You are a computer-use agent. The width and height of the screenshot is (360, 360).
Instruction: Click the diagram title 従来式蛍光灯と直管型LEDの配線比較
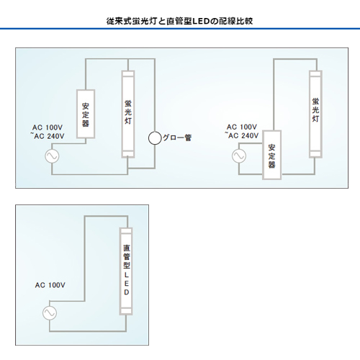(x=179, y=21)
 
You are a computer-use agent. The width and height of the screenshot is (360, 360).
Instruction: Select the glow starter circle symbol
(x=155, y=138)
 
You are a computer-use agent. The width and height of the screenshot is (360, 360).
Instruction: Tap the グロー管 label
(x=177, y=138)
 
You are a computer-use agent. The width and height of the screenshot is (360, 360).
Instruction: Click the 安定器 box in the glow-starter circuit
(x=86, y=114)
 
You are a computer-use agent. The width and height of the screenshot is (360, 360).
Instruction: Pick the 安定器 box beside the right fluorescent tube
(x=271, y=155)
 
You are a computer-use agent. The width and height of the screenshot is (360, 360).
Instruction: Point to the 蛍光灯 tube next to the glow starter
(x=128, y=114)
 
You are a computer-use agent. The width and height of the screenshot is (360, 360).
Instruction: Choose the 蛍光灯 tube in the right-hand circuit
(x=315, y=114)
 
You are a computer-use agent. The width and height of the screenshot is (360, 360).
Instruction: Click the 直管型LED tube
(x=126, y=271)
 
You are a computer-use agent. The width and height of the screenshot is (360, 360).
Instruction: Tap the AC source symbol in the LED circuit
(x=50, y=313)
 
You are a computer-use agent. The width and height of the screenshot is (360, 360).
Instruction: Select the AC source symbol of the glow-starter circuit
(x=52, y=156)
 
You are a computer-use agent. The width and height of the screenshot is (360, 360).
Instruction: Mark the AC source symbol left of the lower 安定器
(x=239, y=156)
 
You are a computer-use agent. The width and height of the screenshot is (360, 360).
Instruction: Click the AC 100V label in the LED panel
(x=50, y=285)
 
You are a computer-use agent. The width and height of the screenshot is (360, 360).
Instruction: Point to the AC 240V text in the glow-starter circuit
(x=49, y=136)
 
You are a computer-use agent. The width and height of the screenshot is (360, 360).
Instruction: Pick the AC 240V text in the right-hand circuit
(x=243, y=136)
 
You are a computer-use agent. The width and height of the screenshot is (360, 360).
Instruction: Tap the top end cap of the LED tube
(x=126, y=231)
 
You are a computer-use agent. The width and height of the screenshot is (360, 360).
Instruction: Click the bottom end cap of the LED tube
(x=126, y=312)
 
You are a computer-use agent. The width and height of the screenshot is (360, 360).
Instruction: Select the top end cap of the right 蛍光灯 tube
(x=315, y=74)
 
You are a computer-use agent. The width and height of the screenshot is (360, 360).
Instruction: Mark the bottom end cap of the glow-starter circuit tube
(x=128, y=154)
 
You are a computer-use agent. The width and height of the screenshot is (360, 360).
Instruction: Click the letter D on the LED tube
(x=127, y=292)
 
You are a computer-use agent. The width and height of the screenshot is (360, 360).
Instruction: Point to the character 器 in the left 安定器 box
(x=86, y=123)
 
